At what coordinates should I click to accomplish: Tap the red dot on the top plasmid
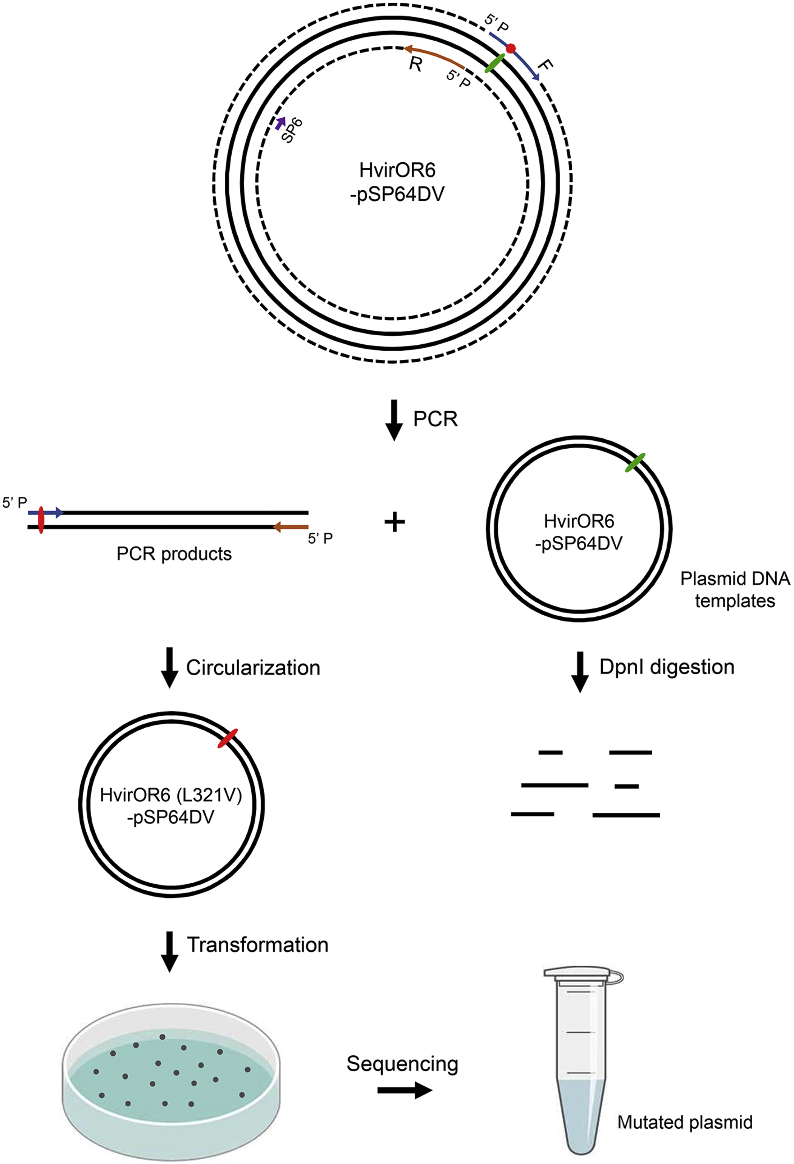coord(510,49)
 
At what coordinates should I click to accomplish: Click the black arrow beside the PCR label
coord(394,420)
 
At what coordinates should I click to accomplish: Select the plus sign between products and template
coord(394,523)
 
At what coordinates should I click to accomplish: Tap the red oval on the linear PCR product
coord(41,520)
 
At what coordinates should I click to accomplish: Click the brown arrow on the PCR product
coord(290,527)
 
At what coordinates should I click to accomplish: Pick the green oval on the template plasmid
coord(635,462)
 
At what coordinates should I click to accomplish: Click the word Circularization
coord(253,668)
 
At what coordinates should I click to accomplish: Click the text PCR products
coord(174,554)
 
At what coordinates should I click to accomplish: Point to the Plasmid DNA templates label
coord(734,589)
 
